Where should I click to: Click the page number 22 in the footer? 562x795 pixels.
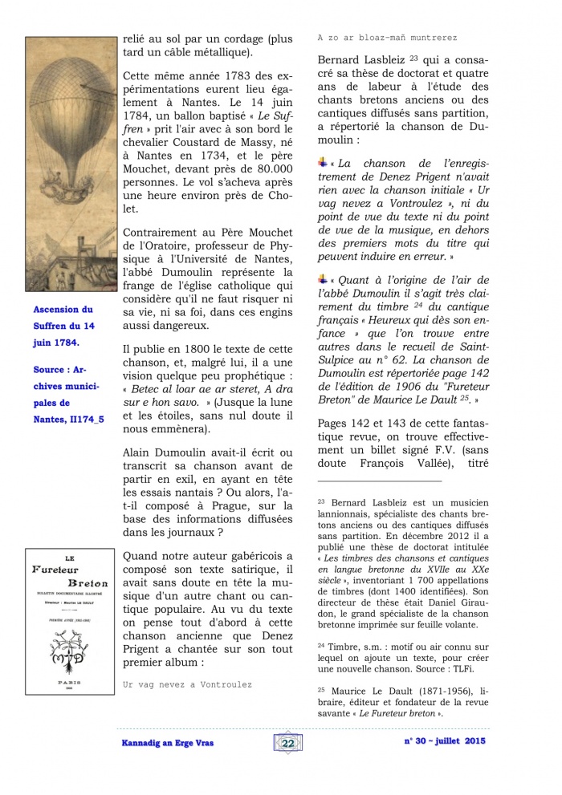pyautogui.click(x=287, y=744)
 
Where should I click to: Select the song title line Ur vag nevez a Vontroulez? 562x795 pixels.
pyautogui.click(x=187, y=684)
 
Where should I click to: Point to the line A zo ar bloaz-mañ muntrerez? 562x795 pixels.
pyautogui.click(x=387, y=38)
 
